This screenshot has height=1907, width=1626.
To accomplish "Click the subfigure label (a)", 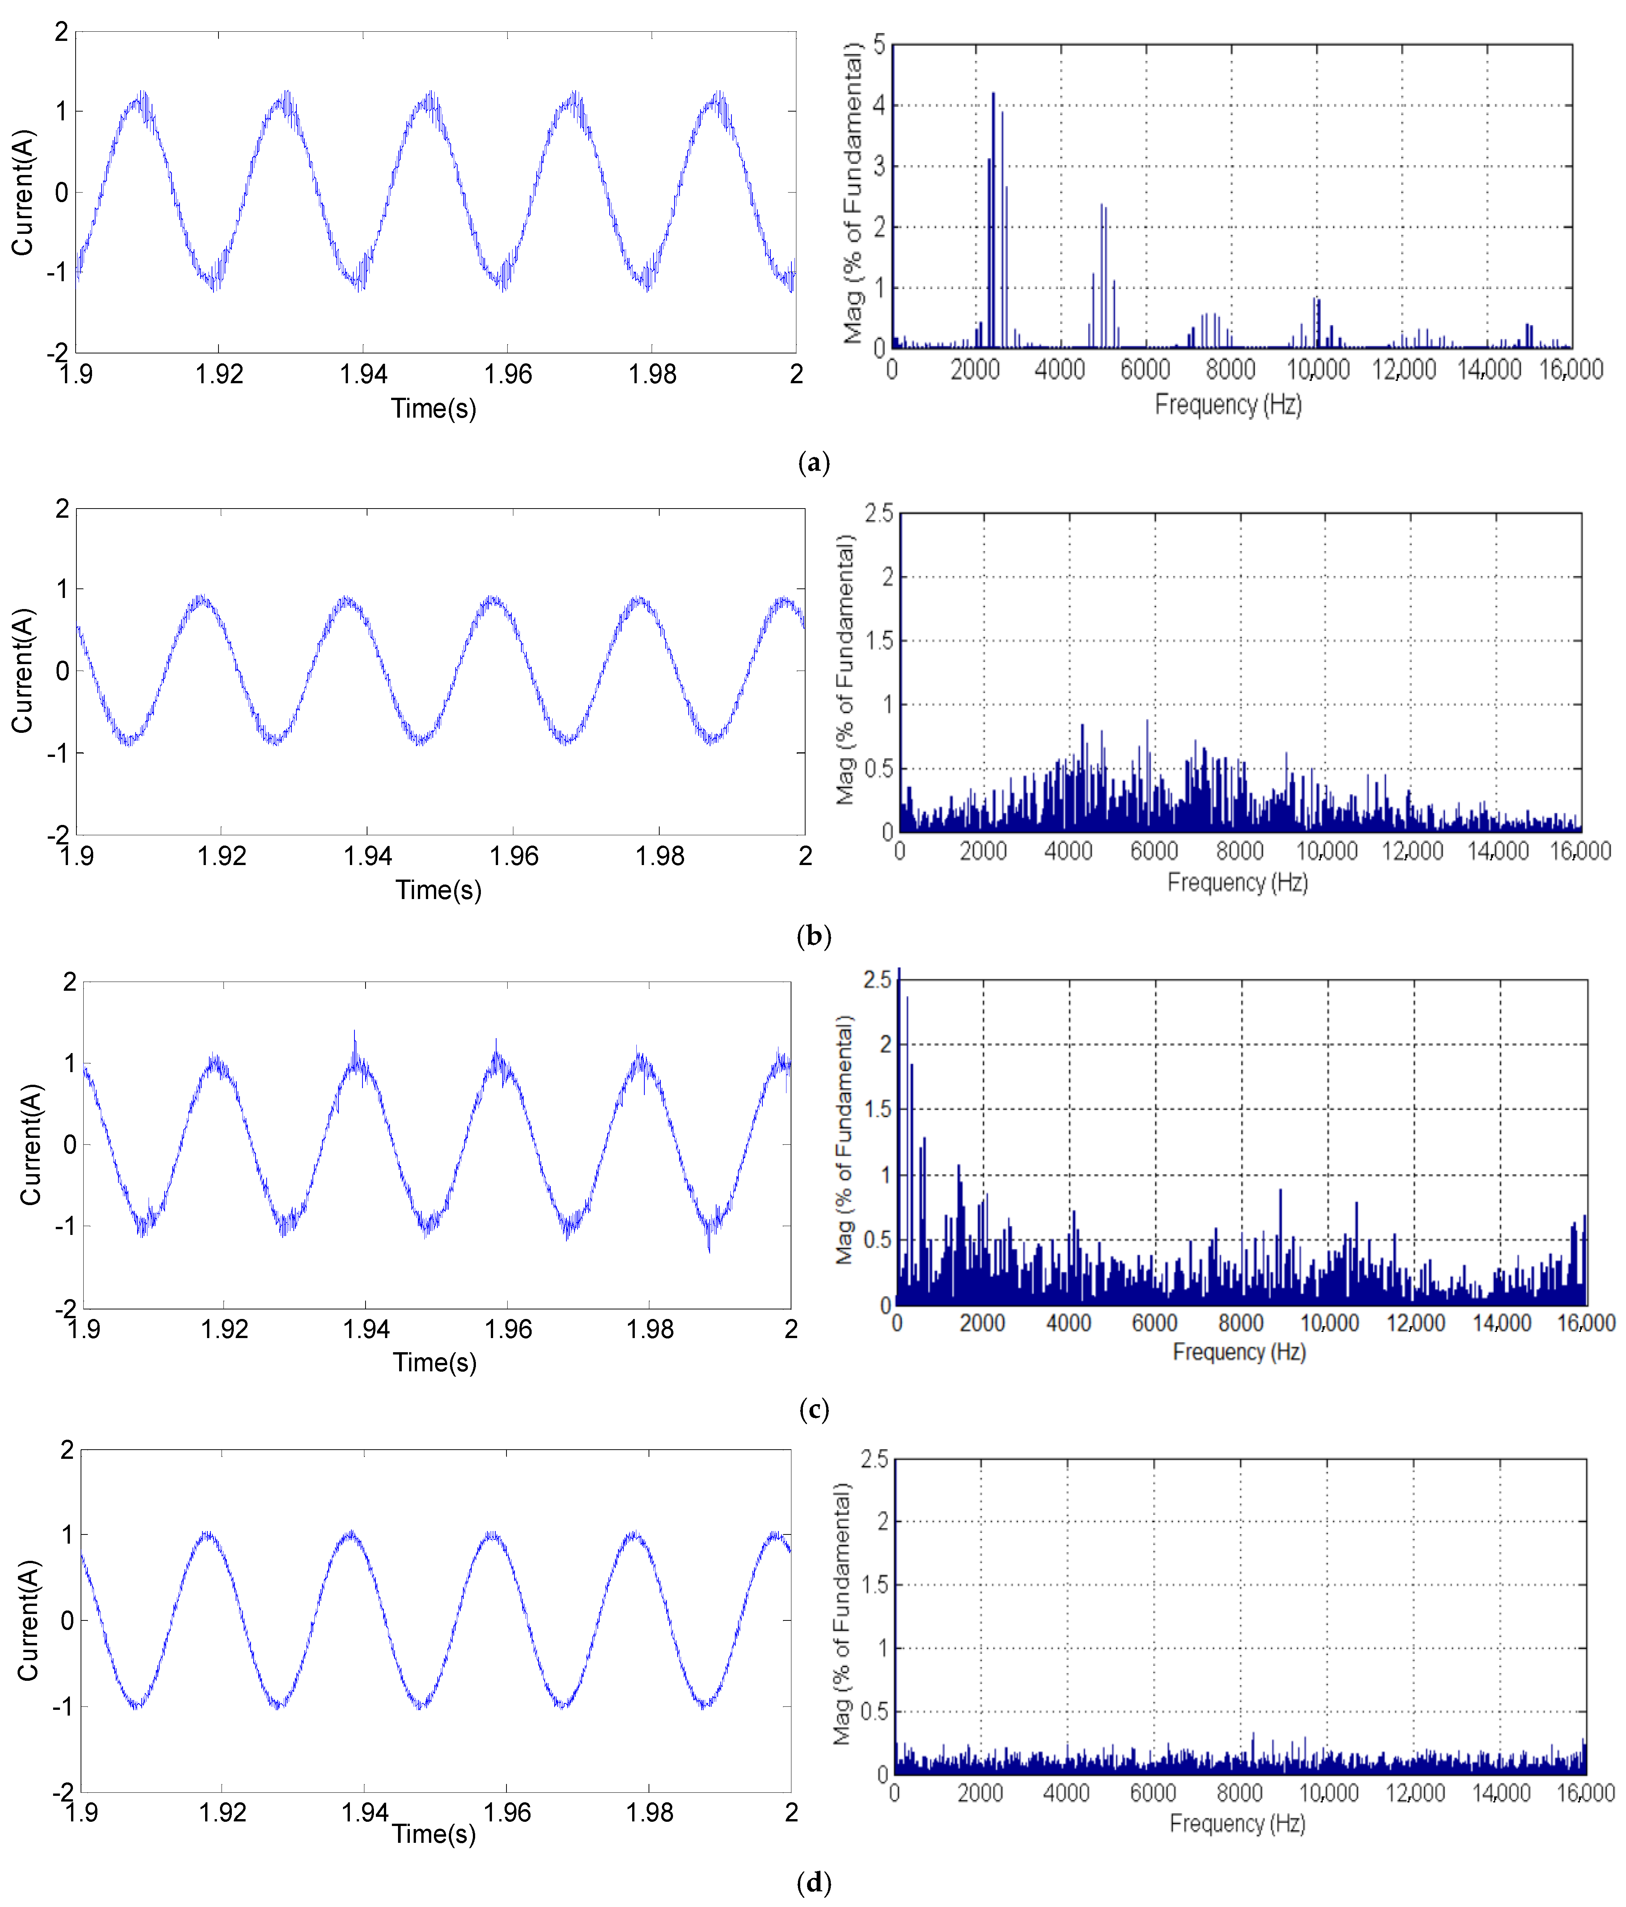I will click(x=814, y=462).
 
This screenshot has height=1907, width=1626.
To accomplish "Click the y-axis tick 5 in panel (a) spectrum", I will click(x=879, y=44).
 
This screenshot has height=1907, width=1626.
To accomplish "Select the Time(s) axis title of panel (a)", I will click(x=434, y=409).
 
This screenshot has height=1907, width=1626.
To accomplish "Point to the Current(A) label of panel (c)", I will click(x=31, y=1144).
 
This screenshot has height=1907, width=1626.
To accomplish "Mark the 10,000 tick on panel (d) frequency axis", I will click(x=1328, y=1793).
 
